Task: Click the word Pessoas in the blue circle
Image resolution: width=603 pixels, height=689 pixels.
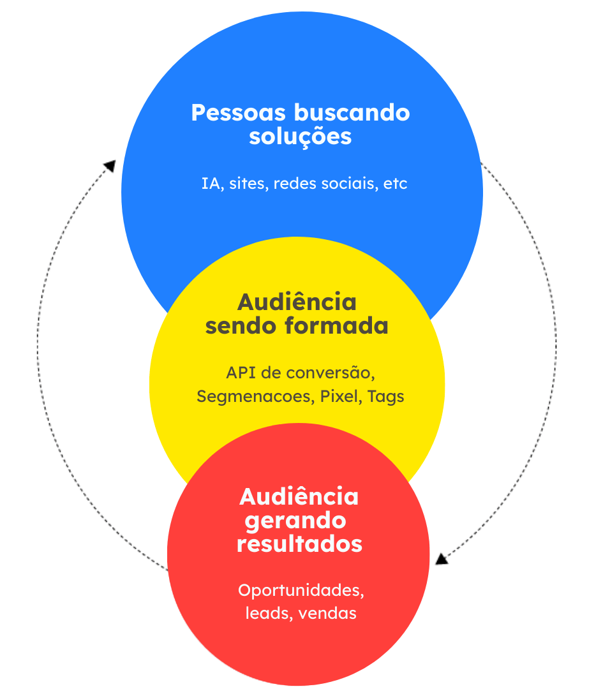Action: coord(239,113)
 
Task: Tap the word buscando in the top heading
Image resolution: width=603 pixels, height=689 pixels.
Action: coord(352,113)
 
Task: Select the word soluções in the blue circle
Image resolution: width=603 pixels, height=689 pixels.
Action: coord(300,137)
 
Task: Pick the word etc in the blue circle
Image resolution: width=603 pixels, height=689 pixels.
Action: coord(395,184)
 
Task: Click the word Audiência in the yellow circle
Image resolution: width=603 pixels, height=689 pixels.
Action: coord(297,302)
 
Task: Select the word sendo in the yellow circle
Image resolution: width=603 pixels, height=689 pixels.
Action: coord(241,326)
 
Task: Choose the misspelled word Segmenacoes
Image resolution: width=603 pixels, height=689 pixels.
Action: coord(253,397)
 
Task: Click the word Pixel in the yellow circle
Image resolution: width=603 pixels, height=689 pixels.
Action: coord(341,396)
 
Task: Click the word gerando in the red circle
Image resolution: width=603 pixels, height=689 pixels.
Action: coord(295,521)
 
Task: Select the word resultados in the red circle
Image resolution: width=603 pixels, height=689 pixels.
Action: coord(299,544)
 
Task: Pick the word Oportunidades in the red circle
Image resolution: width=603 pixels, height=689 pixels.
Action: coord(301,590)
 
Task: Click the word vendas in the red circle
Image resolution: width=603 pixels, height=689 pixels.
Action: coord(327,614)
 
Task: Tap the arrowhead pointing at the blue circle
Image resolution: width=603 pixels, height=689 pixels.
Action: coord(110,165)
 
